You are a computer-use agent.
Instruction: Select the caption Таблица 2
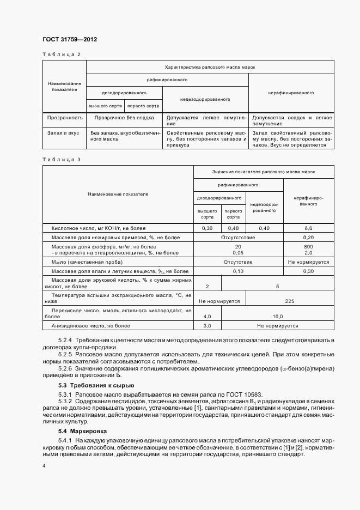61,55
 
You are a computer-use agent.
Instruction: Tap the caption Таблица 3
61,159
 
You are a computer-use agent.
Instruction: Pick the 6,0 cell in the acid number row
308,228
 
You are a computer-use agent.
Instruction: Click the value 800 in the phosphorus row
308,247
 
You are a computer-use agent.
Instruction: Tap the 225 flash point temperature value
290,300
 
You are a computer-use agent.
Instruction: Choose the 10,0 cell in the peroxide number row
277,316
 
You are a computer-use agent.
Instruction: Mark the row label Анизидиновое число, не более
91,326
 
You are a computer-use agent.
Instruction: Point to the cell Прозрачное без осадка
124,117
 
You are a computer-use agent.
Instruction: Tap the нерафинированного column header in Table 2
291,93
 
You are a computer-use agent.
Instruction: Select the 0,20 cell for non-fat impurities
308,237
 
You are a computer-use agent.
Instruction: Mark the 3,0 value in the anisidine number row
207,326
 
